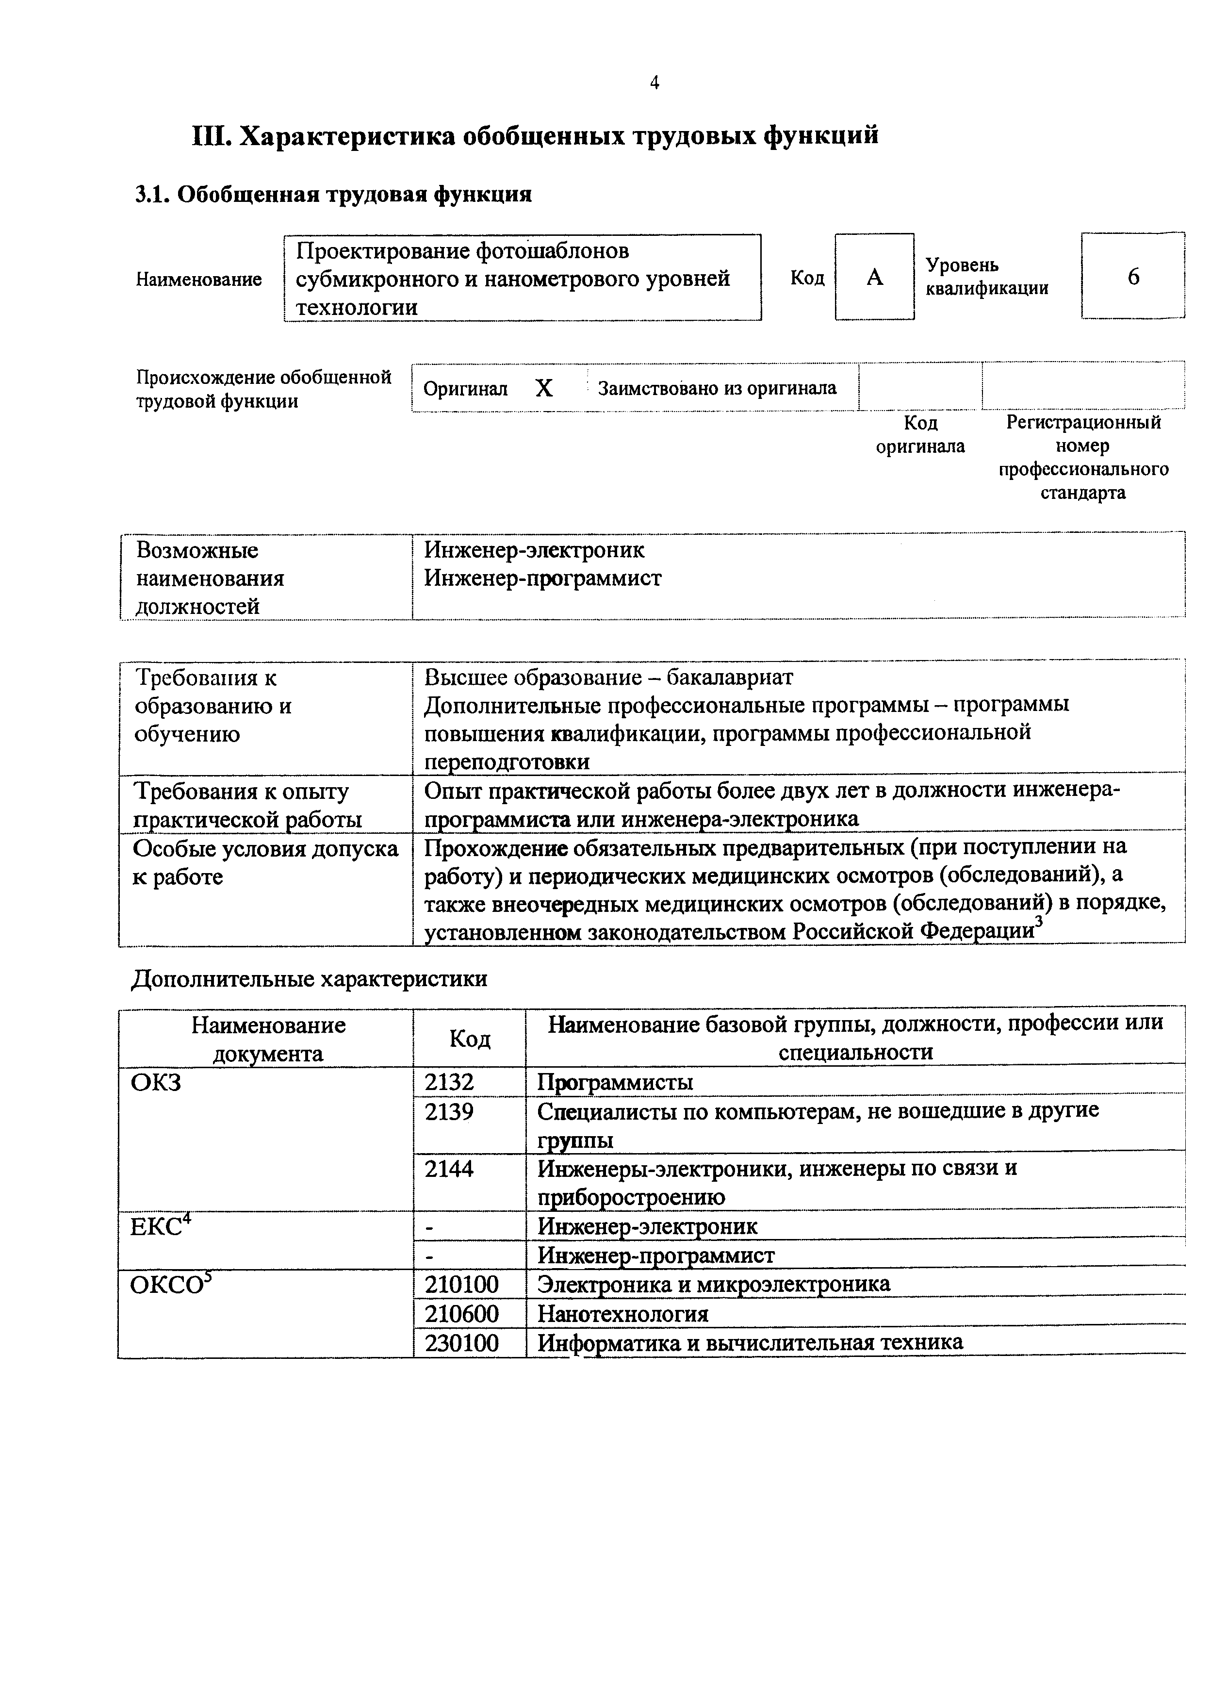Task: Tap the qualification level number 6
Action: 1133,277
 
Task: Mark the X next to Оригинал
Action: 544,388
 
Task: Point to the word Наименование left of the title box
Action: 198,279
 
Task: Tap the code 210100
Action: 461,1284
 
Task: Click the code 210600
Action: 461,1313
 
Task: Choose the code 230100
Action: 461,1342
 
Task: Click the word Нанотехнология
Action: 622,1313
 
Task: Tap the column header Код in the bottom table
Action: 470,1038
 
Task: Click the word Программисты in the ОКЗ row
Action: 615,1081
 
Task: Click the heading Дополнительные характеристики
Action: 310,978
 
